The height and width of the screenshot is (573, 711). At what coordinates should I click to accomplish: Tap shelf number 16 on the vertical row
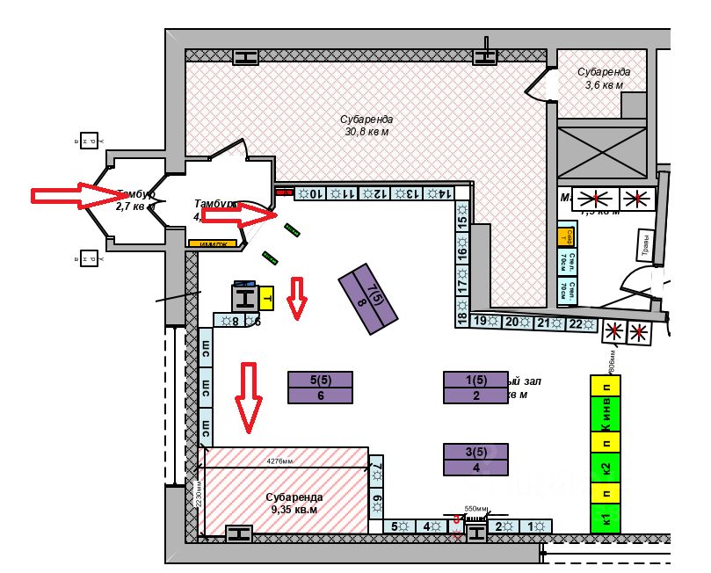click(x=462, y=254)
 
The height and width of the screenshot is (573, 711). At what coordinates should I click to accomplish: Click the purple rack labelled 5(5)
click(x=320, y=380)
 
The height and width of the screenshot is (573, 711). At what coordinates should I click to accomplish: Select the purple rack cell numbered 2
click(x=476, y=395)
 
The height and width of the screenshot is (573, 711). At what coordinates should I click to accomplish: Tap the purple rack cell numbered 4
click(x=476, y=468)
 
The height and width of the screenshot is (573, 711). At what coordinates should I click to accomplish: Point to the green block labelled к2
click(x=606, y=466)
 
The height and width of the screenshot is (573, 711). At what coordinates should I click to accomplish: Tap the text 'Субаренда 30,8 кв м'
click(x=366, y=125)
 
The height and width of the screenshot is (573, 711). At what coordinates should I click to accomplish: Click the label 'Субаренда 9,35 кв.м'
click(x=294, y=503)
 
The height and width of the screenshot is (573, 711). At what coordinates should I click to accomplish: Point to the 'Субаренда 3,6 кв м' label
click(x=604, y=78)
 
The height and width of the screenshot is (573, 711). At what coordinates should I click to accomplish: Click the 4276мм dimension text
click(x=280, y=460)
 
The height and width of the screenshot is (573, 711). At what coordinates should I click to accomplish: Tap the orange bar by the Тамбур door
click(x=214, y=244)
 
